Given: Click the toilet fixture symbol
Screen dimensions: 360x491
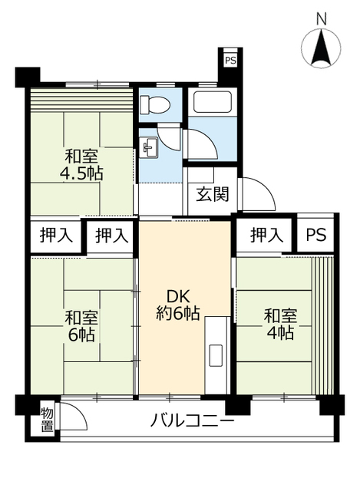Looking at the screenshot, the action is click(x=155, y=104).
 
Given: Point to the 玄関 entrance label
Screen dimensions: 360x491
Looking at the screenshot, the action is click(x=213, y=194).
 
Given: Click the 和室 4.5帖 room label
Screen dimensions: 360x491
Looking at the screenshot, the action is click(x=81, y=165).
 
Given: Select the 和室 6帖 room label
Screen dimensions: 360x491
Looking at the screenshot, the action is click(x=81, y=326).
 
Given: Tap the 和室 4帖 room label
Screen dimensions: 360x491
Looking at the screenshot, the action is click(x=280, y=324).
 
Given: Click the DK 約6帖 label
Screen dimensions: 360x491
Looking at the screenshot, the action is click(x=178, y=305).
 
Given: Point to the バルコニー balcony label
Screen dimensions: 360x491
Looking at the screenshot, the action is click(x=193, y=420).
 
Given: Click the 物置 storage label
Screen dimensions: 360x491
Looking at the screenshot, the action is click(x=47, y=420).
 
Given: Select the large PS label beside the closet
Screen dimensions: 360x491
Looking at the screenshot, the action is click(x=315, y=234).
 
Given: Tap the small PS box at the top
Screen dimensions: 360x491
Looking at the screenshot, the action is click(x=230, y=60).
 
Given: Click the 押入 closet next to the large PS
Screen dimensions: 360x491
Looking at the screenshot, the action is click(x=266, y=235).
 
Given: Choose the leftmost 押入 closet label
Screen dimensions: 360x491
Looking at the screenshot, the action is click(x=56, y=235).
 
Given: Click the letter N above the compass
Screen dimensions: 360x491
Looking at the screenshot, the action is click(x=321, y=18).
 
